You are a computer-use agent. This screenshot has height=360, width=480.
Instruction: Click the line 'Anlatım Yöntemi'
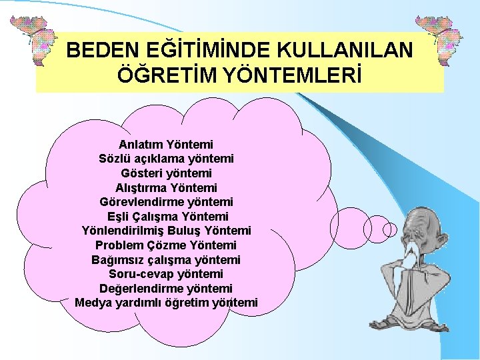(166, 144)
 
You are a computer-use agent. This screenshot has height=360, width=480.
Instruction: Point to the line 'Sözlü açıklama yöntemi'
(166, 159)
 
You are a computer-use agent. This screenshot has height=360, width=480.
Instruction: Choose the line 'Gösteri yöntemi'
(166, 173)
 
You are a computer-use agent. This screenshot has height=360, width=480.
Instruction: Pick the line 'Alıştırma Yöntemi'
(166, 188)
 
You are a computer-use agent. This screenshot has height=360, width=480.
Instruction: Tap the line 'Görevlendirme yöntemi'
(166, 202)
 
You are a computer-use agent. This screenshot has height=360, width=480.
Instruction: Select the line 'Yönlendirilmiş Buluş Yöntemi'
(166, 231)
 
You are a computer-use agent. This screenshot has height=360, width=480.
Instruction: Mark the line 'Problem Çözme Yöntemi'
(166, 245)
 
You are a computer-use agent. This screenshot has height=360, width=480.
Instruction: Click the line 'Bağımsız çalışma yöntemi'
(166, 259)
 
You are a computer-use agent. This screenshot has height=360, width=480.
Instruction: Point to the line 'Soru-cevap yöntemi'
(166, 274)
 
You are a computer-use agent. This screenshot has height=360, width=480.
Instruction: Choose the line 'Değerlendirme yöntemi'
(166, 289)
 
